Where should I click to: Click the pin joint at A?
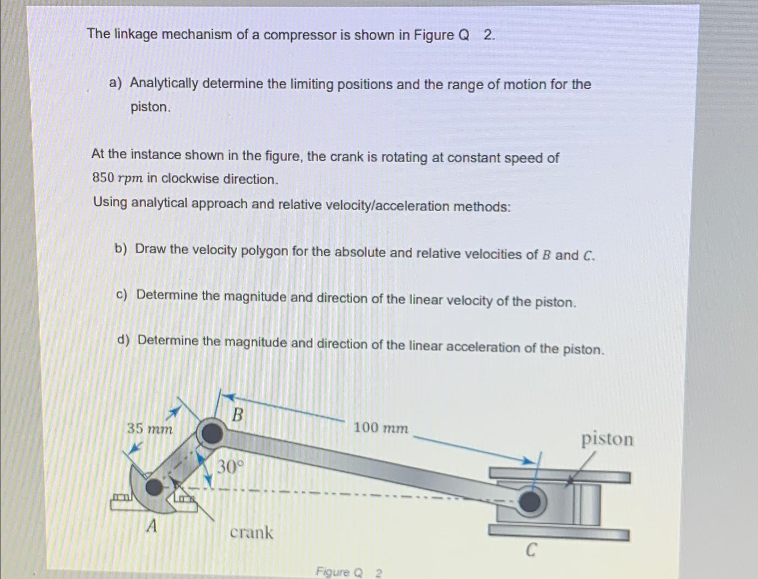[154, 487]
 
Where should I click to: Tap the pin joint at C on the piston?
[530, 502]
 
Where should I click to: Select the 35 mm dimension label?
[149, 429]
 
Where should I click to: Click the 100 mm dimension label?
[381, 428]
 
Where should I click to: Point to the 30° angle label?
[230, 467]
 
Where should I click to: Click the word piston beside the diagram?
[607, 439]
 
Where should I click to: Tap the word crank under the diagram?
[251, 532]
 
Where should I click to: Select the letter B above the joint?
[238, 415]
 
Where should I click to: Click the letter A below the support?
[152, 527]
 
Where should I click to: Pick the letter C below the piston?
[530, 550]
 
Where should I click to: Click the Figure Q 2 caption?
[348, 572]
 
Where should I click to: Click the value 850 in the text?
[103, 178]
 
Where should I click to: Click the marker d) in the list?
[123, 340]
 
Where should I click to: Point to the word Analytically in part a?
[164, 83]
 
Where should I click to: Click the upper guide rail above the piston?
[559, 474]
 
